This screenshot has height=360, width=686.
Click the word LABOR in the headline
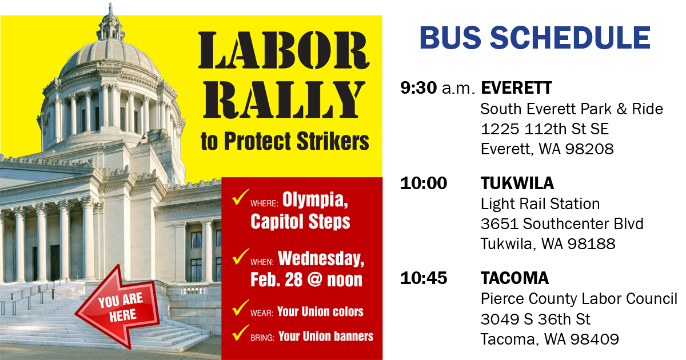point(284,50)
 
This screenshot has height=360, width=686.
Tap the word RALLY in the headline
point(284,99)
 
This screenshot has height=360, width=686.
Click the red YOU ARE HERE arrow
point(118,306)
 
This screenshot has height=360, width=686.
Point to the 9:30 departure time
point(418,88)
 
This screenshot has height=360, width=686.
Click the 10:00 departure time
point(424,183)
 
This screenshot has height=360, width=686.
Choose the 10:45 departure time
point(424,278)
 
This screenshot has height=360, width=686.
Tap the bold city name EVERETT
point(516,88)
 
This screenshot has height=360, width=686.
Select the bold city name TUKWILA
point(517,183)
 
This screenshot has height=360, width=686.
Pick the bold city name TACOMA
point(514,278)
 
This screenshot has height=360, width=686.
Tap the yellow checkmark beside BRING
point(241,332)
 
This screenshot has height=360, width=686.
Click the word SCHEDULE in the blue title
point(570,38)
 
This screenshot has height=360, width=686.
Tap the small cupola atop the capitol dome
point(110,26)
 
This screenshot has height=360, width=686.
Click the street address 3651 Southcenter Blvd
point(562,224)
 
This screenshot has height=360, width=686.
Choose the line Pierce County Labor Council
point(579,299)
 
